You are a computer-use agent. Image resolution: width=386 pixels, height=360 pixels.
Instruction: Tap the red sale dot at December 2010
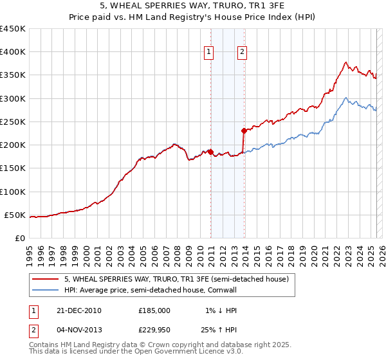[211, 152]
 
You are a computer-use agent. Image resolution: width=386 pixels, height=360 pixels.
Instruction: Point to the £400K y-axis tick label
[13, 52]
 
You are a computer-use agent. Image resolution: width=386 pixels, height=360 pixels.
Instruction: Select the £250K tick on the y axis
[13, 122]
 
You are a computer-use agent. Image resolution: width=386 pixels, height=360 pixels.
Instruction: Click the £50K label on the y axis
[15, 215]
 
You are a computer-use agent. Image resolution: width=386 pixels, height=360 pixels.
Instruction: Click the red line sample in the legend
[46, 280]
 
